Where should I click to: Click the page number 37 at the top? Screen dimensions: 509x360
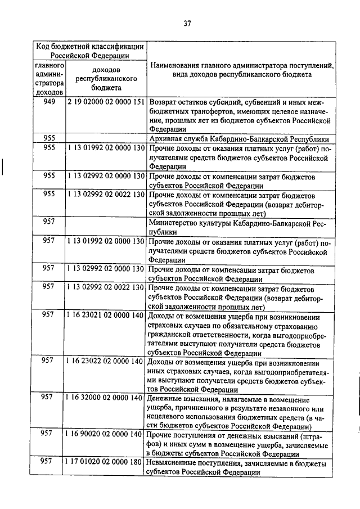[188, 22]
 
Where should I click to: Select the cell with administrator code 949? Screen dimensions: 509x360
[48, 102]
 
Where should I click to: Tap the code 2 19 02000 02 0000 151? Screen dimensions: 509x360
[106, 102]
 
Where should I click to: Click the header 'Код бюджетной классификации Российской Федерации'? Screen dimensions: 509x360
[90, 51]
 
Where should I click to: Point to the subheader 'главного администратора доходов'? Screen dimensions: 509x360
[48, 80]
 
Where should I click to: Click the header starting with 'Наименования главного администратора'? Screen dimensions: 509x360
[242, 70]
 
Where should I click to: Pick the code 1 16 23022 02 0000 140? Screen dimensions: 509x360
[106, 361]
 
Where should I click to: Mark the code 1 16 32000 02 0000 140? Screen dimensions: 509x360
[106, 398]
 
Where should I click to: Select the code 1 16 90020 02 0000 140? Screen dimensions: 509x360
[106, 434]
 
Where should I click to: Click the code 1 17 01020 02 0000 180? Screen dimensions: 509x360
[106, 462]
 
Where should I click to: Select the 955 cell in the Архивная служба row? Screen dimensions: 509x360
[48, 139]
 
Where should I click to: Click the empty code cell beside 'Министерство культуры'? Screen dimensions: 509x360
[106, 227]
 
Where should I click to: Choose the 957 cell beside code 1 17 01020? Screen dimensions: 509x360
[48, 462]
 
